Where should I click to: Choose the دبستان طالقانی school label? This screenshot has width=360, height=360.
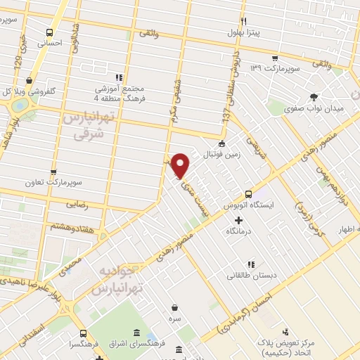coord(247,276)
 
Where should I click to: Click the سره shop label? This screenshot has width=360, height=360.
coord(174,319)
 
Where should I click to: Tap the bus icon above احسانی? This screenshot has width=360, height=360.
coord(49,32)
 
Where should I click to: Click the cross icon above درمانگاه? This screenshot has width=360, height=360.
coord(238,219)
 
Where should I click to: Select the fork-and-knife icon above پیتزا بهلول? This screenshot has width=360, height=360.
coord(244,21)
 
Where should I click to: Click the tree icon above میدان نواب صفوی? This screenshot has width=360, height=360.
coord(313,98)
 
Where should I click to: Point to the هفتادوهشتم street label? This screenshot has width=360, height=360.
coord(69,226)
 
